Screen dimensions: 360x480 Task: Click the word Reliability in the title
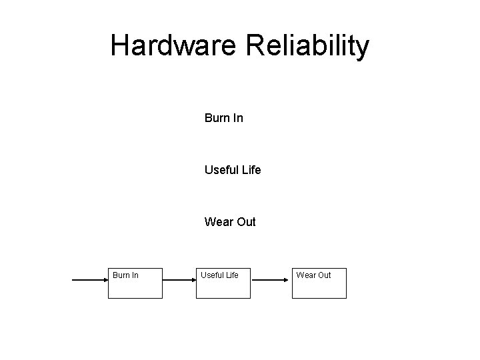click(x=308, y=46)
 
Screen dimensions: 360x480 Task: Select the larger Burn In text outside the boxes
click(x=223, y=119)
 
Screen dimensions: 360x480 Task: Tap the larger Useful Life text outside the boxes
click(x=233, y=170)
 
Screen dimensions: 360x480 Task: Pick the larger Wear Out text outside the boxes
click(x=230, y=222)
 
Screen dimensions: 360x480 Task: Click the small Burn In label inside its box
click(x=125, y=275)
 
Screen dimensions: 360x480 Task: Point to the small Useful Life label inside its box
click(x=219, y=275)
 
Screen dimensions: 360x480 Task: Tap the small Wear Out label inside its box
click(x=313, y=275)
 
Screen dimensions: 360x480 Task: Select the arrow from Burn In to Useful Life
click(x=179, y=281)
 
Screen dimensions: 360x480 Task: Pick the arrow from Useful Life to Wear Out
click(x=271, y=281)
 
